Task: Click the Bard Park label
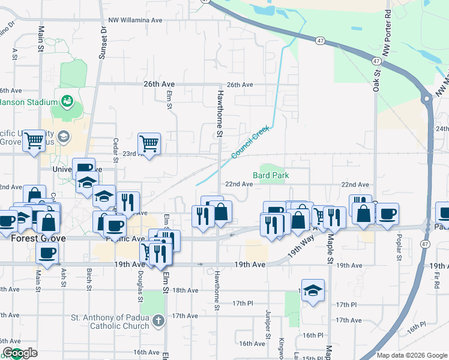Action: click(x=271, y=175)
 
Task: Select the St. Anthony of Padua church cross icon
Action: click(x=157, y=320)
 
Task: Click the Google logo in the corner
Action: click(x=20, y=353)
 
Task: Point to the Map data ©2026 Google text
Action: click(x=411, y=355)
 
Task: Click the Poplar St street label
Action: click(x=399, y=245)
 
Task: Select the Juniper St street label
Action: click(x=268, y=324)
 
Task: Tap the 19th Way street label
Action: click(x=301, y=247)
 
